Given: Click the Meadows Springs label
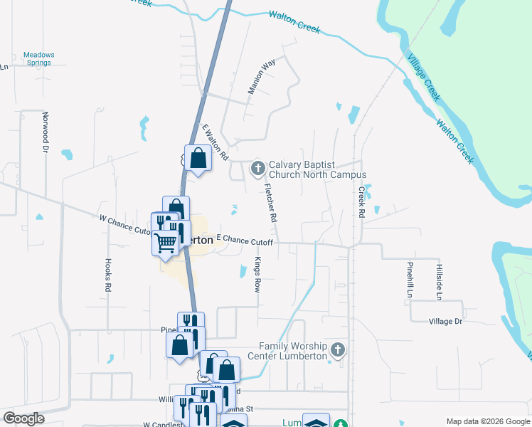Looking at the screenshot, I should [x=38, y=58].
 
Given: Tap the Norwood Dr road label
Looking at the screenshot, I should [x=45, y=132].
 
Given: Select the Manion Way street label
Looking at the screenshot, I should [x=261, y=78].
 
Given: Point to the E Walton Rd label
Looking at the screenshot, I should [x=215, y=142].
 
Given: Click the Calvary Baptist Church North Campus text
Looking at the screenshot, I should [x=317, y=169].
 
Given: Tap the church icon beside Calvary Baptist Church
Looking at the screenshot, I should [x=258, y=169].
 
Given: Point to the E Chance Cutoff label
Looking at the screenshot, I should [x=245, y=242].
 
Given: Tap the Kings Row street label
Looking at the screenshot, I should [x=257, y=275].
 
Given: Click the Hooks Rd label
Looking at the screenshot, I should [x=109, y=275].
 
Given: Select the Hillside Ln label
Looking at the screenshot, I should [x=439, y=279].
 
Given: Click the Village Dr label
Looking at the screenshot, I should [x=445, y=322].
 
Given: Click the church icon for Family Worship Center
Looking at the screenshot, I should [x=338, y=350].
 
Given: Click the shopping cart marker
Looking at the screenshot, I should [x=166, y=243].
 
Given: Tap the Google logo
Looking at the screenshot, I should [x=24, y=418].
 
